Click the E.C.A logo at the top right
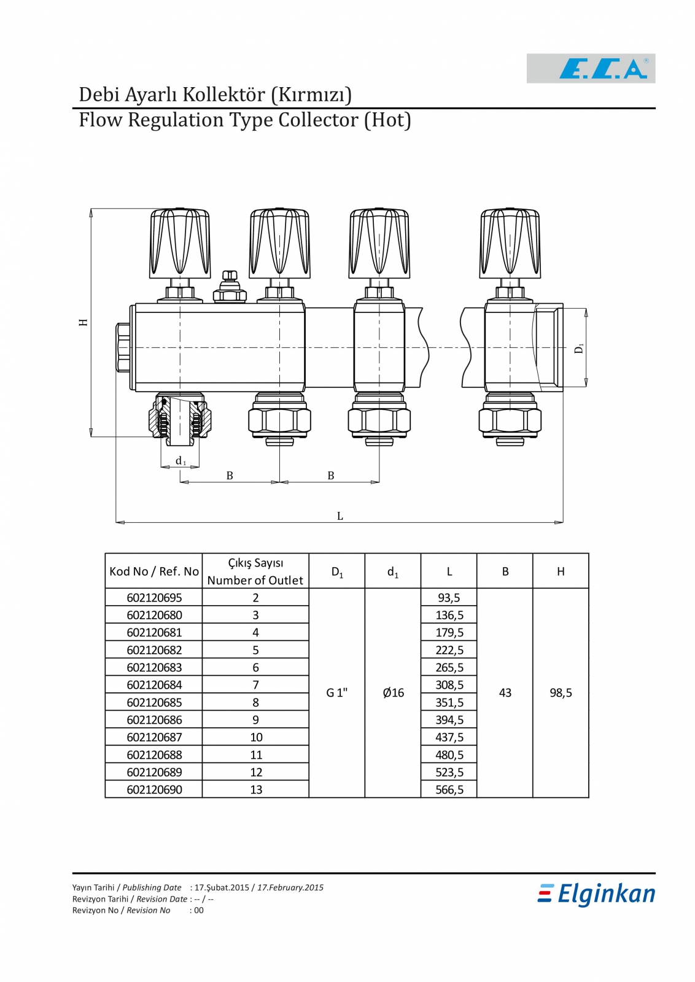(591, 68)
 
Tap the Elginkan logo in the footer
(596, 894)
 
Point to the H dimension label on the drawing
(83, 322)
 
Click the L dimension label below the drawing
(340, 516)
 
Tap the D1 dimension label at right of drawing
(578, 348)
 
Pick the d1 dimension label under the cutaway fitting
(181, 461)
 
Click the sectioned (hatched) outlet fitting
(180, 417)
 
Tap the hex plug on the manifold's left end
(123, 347)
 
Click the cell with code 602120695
(154, 598)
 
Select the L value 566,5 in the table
(449, 790)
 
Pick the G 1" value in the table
(336, 693)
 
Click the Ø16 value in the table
(393, 693)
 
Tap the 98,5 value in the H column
(561, 693)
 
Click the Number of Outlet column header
(255, 580)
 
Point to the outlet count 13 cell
(256, 790)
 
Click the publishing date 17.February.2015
(290, 887)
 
